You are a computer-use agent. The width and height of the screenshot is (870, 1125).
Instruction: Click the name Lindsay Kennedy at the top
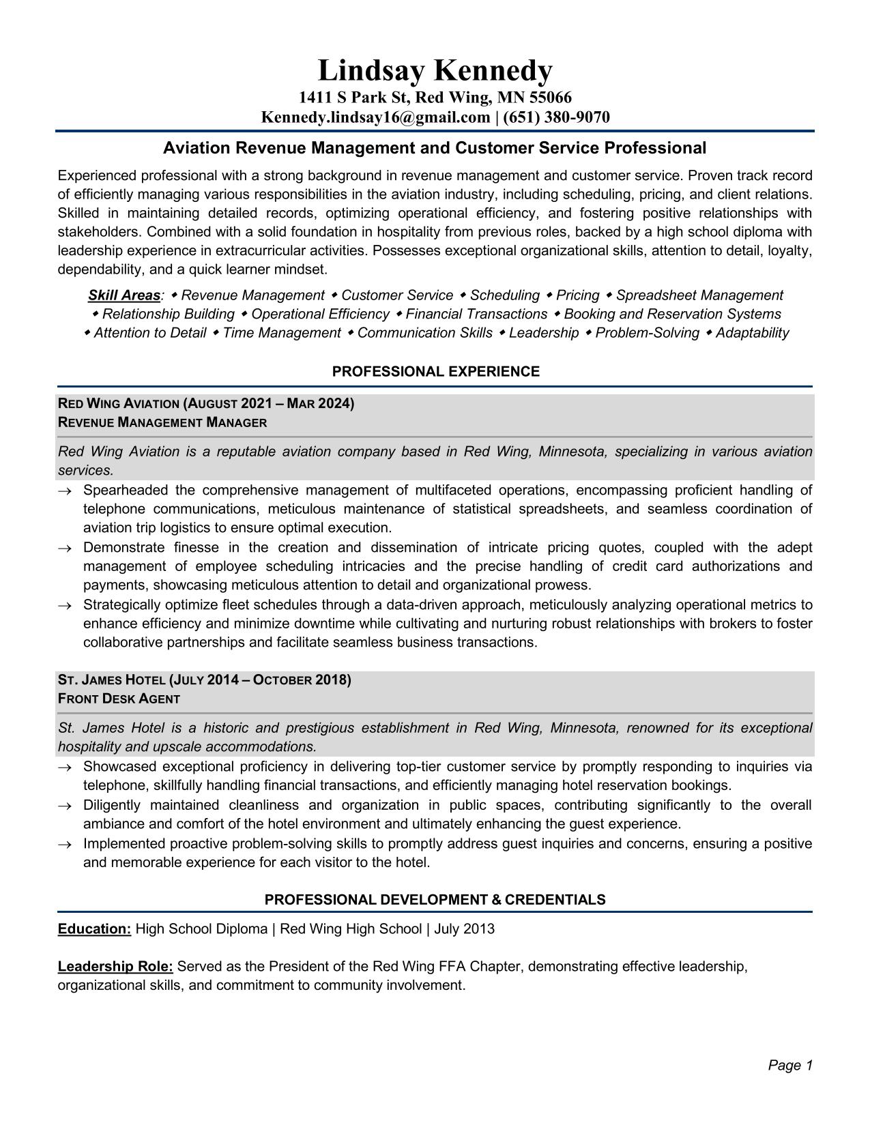pyautogui.click(x=435, y=71)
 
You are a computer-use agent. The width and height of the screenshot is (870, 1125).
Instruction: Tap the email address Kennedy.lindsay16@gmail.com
pyautogui.click(x=375, y=117)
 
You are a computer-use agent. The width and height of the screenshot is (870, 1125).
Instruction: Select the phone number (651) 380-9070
pyautogui.click(x=556, y=117)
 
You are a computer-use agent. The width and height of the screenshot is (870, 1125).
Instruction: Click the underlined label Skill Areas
pyautogui.click(x=124, y=295)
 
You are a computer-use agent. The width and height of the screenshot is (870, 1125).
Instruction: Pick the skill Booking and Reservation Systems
pyautogui.click(x=672, y=314)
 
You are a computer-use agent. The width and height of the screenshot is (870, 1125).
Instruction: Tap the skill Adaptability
pyautogui.click(x=752, y=333)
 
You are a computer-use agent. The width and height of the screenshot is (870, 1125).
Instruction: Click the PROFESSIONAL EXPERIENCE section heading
pyautogui.click(x=435, y=372)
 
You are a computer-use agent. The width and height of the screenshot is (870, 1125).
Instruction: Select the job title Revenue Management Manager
pyautogui.click(x=162, y=422)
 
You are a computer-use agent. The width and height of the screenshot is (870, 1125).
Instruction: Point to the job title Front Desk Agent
pyautogui.click(x=119, y=699)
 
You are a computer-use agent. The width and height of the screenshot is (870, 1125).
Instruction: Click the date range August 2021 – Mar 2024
pyautogui.click(x=269, y=404)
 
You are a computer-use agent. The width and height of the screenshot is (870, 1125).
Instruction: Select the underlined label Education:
pyautogui.click(x=94, y=929)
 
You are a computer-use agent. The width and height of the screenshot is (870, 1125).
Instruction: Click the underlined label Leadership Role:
pyautogui.click(x=115, y=967)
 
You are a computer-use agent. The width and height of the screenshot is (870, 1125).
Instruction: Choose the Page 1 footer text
pyautogui.click(x=790, y=1065)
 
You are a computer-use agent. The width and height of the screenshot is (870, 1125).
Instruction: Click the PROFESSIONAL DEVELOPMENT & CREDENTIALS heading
pyautogui.click(x=435, y=900)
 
